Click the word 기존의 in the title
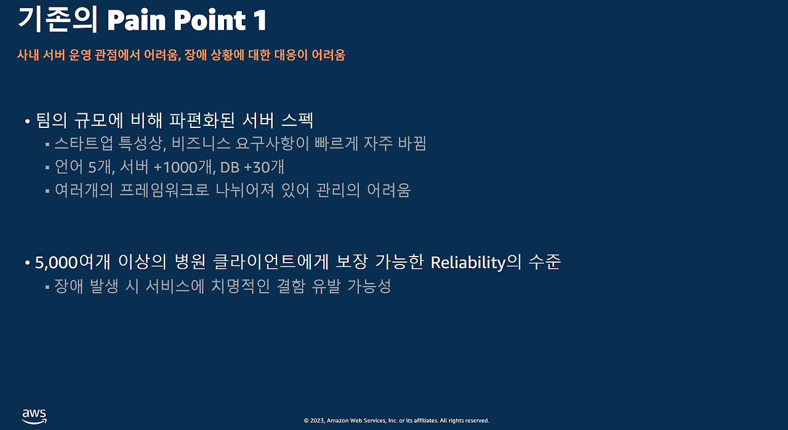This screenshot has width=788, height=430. tap(58, 20)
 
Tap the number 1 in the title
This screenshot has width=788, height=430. tap(259, 20)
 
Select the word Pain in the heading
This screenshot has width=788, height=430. tap(137, 20)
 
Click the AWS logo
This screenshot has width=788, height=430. tap(34, 416)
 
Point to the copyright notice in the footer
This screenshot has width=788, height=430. tap(396, 421)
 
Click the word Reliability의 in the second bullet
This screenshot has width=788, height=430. tap(476, 262)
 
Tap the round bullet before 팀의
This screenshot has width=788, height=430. tap(28, 122)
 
